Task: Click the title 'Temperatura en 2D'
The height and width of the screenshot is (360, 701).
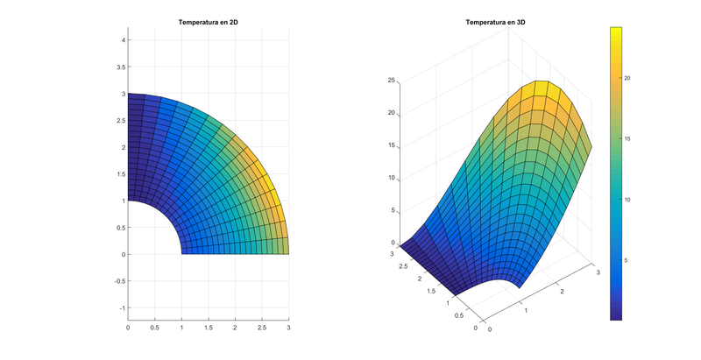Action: click(x=209, y=22)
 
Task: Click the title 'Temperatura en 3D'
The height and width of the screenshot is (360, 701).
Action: click(x=496, y=22)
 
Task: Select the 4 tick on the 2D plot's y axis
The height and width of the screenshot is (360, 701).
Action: click(x=124, y=40)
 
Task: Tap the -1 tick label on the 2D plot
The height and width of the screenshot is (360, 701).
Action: click(x=122, y=308)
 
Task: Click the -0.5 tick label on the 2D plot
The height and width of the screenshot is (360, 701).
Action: click(x=119, y=281)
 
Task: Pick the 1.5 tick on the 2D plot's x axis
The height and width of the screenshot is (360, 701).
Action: click(x=209, y=327)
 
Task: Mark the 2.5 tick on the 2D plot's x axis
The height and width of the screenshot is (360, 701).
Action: click(x=262, y=327)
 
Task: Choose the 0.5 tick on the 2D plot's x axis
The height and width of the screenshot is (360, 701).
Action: click(x=155, y=327)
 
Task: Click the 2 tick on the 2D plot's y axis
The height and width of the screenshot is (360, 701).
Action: click(x=124, y=147)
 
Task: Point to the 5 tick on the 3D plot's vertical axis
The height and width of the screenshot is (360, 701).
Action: click(x=394, y=210)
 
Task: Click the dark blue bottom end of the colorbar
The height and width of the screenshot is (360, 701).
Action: click(x=615, y=316)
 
